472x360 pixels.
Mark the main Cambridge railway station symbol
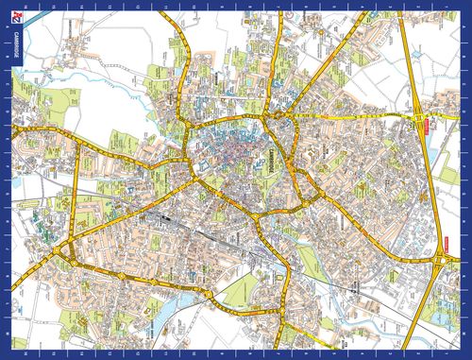click(172, 216)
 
